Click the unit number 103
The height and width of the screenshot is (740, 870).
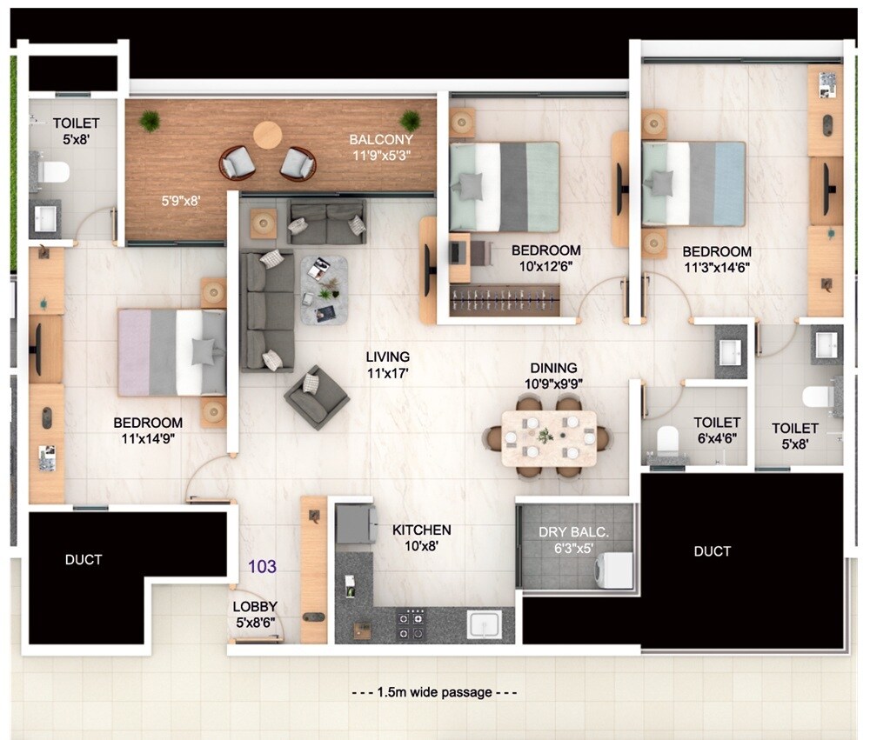(x=262, y=567)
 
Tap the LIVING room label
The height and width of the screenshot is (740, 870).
(x=387, y=364)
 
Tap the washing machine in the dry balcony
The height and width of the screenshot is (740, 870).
(x=617, y=570)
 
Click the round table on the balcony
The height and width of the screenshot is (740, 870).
(x=267, y=135)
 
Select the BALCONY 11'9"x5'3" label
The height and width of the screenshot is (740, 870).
(x=380, y=147)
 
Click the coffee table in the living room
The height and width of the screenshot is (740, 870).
(x=324, y=290)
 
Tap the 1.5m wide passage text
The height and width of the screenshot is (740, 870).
(x=434, y=693)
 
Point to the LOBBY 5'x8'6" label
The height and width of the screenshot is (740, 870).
(x=255, y=613)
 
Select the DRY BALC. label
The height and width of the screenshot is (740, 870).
(x=567, y=539)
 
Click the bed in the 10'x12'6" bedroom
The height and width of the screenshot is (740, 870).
(x=504, y=187)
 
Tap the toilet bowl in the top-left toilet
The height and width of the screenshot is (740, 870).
(x=53, y=170)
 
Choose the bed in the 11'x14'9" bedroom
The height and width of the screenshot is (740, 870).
(x=172, y=352)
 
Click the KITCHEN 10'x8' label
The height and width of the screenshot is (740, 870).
(x=421, y=537)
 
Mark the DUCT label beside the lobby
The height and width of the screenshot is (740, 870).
(x=84, y=559)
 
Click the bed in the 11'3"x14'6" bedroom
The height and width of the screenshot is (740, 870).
(x=693, y=183)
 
